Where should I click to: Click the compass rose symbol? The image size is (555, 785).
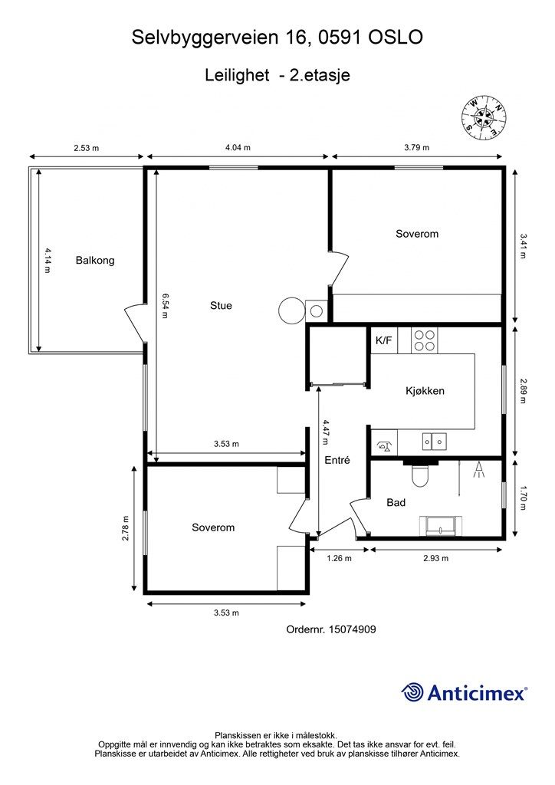pyautogui.click(x=484, y=118)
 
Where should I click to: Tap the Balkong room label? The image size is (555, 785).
pyautogui.click(x=95, y=261)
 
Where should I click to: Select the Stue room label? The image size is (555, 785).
pyautogui.click(x=221, y=305)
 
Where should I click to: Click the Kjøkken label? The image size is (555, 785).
pyautogui.click(x=425, y=390)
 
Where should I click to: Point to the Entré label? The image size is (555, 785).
pyautogui.click(x=337, y=460)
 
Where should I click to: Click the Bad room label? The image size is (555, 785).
pyautogui.click(x=396, y=502)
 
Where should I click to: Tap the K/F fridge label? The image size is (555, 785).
pyautogui.click(x=384, y=340)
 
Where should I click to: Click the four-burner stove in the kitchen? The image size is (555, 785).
pyautogui.click(x=425, y=340)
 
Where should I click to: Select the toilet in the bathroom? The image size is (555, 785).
pyautogui.click(x=420, y=473)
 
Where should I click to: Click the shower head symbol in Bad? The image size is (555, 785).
pyautogui.click(x=478, y=470)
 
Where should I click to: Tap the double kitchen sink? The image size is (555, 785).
pyautogui.click(x=433, y=442)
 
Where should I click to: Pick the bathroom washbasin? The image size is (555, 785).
pyautogui.click(x=441, y=525)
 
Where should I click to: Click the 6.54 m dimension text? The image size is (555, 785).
pyautogui.click(x=166, y=305)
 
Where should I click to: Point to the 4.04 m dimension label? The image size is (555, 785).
pyautogui.click(x=238, y=147)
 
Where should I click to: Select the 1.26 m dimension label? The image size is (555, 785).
pyautogui.click(x=339, y=558)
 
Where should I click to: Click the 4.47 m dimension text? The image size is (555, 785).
pyautogui.click(x=326, y=432)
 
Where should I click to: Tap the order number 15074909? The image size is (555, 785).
pyautogui.click(x=352, y=629)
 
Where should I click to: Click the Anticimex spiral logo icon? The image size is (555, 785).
pyautogui.click(x=412, y=692)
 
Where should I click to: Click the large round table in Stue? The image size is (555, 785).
pyautogui.click(x=291, y=310)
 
